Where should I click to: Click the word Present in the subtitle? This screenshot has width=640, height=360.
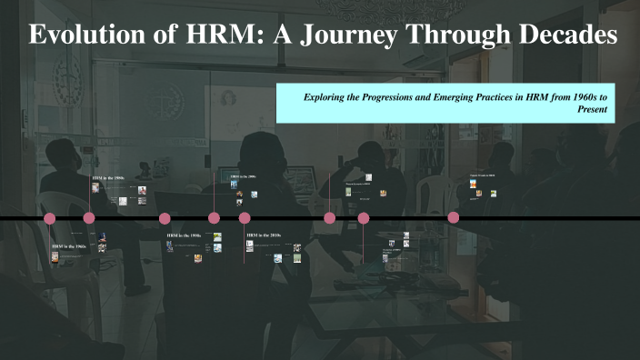point(592,108)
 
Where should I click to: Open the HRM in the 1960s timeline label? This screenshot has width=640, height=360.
point(69,246)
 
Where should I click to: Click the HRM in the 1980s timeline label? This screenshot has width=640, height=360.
point(108,178)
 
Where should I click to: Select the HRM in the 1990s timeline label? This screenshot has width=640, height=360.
point(183,235)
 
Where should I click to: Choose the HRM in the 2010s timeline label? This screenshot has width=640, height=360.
point(264,235)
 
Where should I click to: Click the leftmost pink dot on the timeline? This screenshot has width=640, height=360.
point(50,218)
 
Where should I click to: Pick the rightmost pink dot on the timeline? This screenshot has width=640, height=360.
point(454,218)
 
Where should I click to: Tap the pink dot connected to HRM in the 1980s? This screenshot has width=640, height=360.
point(89,218)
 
